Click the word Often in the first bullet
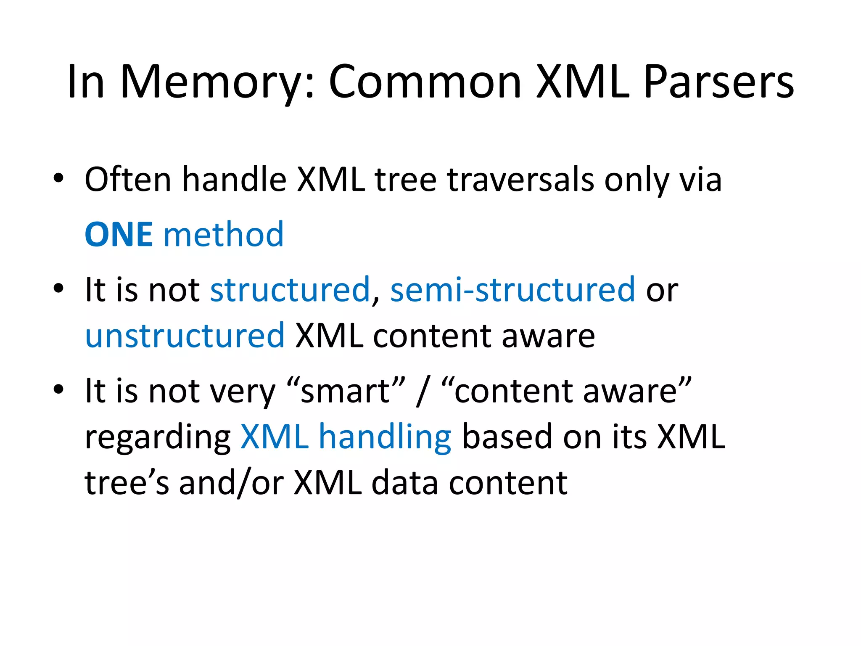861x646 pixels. (128, 180)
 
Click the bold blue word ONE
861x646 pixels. (119, 234)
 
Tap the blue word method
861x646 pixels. (223, 234)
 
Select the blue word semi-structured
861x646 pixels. (512, 289)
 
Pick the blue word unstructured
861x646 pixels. (185, 336)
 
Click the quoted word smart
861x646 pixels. (346, 391)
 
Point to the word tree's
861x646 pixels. (127, 483)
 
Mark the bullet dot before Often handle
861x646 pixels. (58, 178)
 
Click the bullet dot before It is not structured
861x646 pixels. (58, 288)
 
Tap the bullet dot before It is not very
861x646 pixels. (58, 389)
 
